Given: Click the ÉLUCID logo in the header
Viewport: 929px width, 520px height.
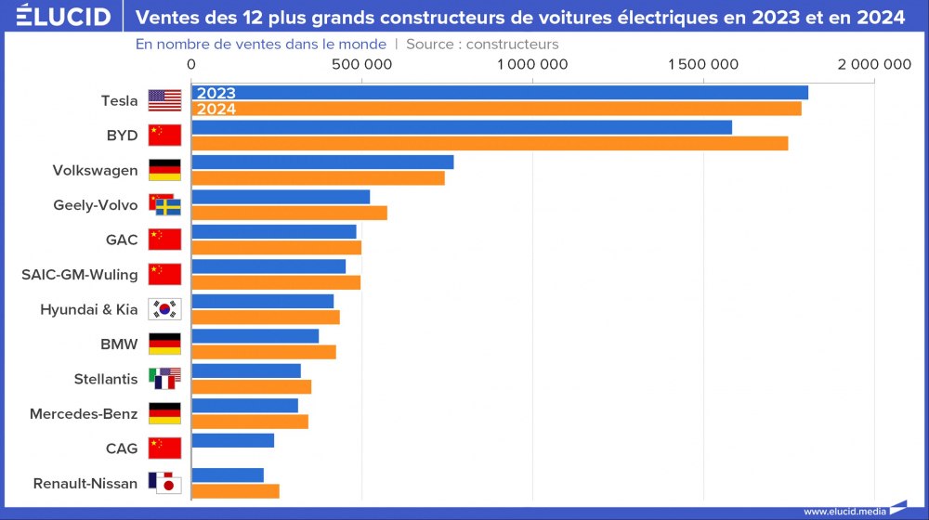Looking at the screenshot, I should point(63,17).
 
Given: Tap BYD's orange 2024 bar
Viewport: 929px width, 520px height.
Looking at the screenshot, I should point(490,143).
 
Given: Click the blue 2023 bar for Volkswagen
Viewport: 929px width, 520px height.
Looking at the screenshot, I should point(322,162).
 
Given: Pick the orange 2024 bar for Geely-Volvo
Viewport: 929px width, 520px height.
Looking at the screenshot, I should point(289,213).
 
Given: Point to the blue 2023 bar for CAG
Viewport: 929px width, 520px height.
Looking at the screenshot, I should point(232,440).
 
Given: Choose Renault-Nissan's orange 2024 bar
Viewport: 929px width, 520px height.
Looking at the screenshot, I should point(235,491).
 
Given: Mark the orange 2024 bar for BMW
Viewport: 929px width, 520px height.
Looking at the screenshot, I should point(264,352).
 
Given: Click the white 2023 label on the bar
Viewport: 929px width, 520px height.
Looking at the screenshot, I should point(216,93).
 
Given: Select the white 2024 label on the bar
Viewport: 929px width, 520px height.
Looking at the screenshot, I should point(216,109).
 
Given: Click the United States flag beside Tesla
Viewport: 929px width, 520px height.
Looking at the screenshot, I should point(164,100).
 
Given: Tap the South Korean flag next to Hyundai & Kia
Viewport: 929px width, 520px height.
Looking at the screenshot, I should point(164,309).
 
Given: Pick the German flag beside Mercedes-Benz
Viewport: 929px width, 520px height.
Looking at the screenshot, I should point(164,413).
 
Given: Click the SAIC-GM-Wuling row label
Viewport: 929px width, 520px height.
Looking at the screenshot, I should point(79,275).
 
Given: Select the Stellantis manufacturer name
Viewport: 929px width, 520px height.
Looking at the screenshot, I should point(105,379).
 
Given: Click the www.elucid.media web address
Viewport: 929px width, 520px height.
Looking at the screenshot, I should point(843,511).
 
